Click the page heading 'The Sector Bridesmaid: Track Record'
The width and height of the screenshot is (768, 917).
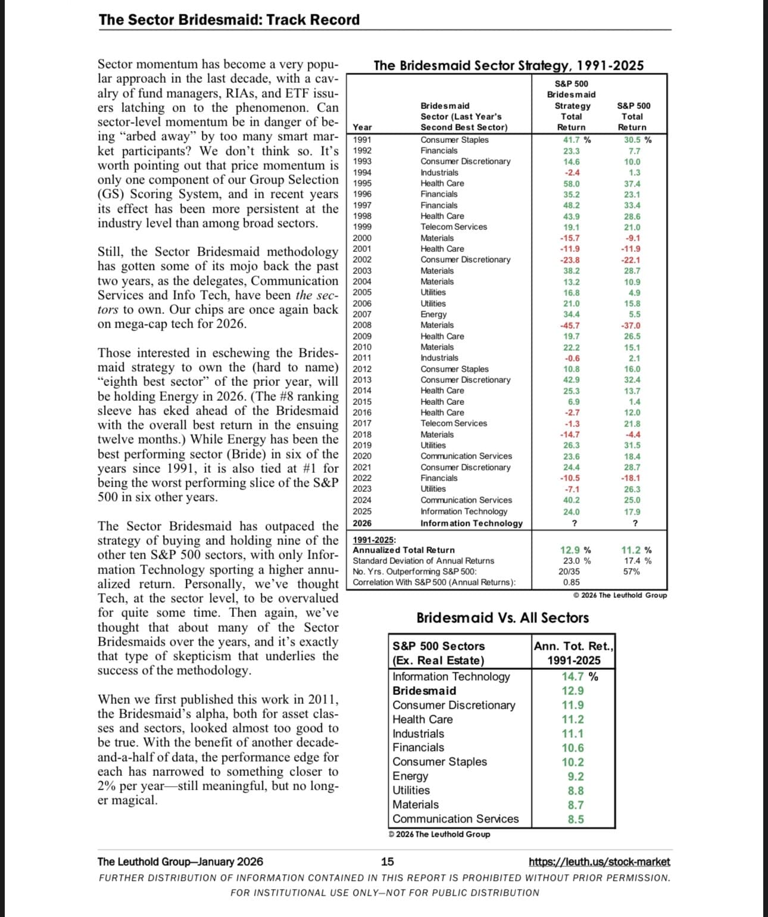coord(229,20)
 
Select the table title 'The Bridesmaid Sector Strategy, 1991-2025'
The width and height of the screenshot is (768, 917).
coord(508,65)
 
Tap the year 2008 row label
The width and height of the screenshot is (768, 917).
coord(362,325)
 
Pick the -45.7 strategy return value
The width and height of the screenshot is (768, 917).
coord(570,326)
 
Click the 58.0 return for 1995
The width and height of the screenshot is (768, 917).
coord(572,184)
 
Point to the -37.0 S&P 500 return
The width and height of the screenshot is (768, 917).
coord(632,326)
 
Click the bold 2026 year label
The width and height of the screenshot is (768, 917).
coord(362,523)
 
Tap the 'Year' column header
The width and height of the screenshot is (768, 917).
coord(362,127)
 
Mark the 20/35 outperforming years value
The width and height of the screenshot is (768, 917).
coord(571,572)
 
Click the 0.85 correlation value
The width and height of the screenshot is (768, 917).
coord(571,582)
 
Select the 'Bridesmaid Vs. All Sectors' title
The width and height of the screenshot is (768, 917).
coord(502,618)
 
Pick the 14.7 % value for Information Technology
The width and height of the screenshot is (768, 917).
coord(579,676)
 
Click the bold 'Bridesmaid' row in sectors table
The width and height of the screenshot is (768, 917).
coord(424,691)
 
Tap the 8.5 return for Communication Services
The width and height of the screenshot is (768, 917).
coord(576,819)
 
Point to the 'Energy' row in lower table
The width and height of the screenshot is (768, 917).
coord(410,776)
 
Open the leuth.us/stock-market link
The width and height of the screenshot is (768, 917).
coord(599,862)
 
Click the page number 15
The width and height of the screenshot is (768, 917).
coord(387,862)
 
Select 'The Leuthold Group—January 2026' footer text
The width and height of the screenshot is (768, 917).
coord(180,862)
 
